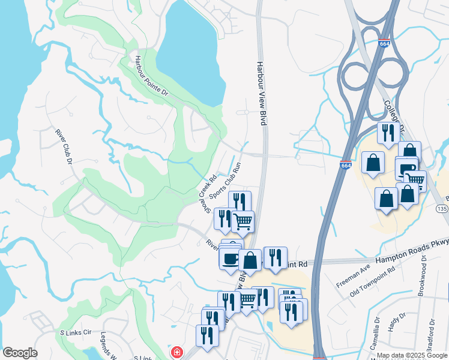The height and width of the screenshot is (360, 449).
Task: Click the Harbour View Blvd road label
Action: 261,92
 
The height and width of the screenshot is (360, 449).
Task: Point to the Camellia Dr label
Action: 376,341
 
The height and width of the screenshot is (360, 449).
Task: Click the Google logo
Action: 20,353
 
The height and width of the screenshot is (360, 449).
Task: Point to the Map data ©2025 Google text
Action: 412,356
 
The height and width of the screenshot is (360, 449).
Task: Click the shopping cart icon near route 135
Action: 415,180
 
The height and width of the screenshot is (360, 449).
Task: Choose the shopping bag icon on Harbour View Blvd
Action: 250,260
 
